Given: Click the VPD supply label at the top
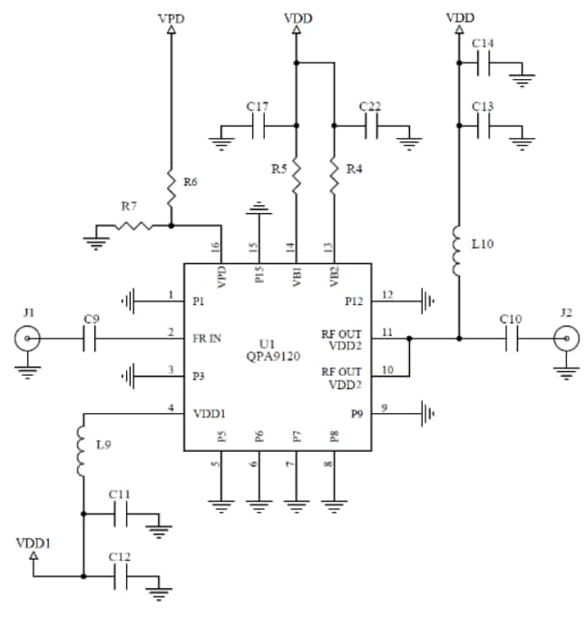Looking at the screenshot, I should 170,17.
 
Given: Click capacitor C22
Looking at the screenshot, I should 371,128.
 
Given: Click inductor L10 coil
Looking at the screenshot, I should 459,253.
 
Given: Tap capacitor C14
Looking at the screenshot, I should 484,63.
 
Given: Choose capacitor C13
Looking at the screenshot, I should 484,127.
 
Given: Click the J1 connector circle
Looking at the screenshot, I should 28,339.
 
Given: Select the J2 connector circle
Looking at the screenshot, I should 566,339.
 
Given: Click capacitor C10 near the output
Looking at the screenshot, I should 510,339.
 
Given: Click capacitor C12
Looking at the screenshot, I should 122,575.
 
